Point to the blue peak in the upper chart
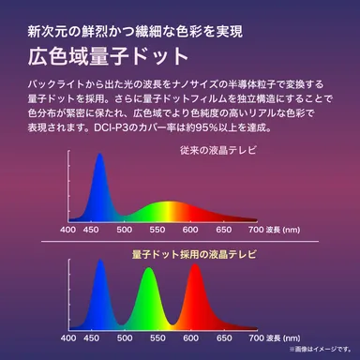click(96, 187)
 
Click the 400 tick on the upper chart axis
click(68, 229)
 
